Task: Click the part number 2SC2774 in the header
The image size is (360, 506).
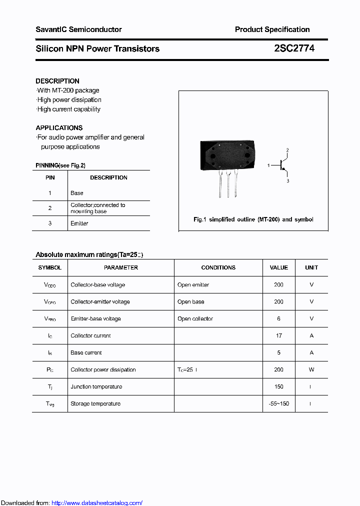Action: tap(294, 48)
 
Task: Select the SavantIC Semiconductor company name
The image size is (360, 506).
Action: tap(78, 29)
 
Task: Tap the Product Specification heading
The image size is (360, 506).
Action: tap(272, 29)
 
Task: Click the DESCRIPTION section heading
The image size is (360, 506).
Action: tap(57, 81)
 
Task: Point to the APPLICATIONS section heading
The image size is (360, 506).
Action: tap(59, 128)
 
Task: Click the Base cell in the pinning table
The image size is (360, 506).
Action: tap(77, 193)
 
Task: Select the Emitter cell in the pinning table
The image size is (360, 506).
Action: tap(79, 223)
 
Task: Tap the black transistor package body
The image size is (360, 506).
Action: tap(227, 155)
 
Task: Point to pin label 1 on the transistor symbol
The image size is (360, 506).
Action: tap(268, 165)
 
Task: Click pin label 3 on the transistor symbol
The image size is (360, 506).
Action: tap(288, 181)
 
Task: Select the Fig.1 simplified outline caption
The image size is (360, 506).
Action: tap(253, 219)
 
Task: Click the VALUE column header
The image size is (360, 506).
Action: tap(278, 267)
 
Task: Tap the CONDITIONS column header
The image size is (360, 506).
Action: tap(218, 267)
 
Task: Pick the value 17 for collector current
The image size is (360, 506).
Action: tap(278, 335)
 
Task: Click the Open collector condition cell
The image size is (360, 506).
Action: tap(195, 318)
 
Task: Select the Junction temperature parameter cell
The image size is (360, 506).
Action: tap(96, 386)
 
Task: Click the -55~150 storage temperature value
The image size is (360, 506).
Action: tap(278, 403)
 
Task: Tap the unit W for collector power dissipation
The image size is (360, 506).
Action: tap(311, 369)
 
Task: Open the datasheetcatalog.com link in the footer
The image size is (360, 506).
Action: tap(97, 503)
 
